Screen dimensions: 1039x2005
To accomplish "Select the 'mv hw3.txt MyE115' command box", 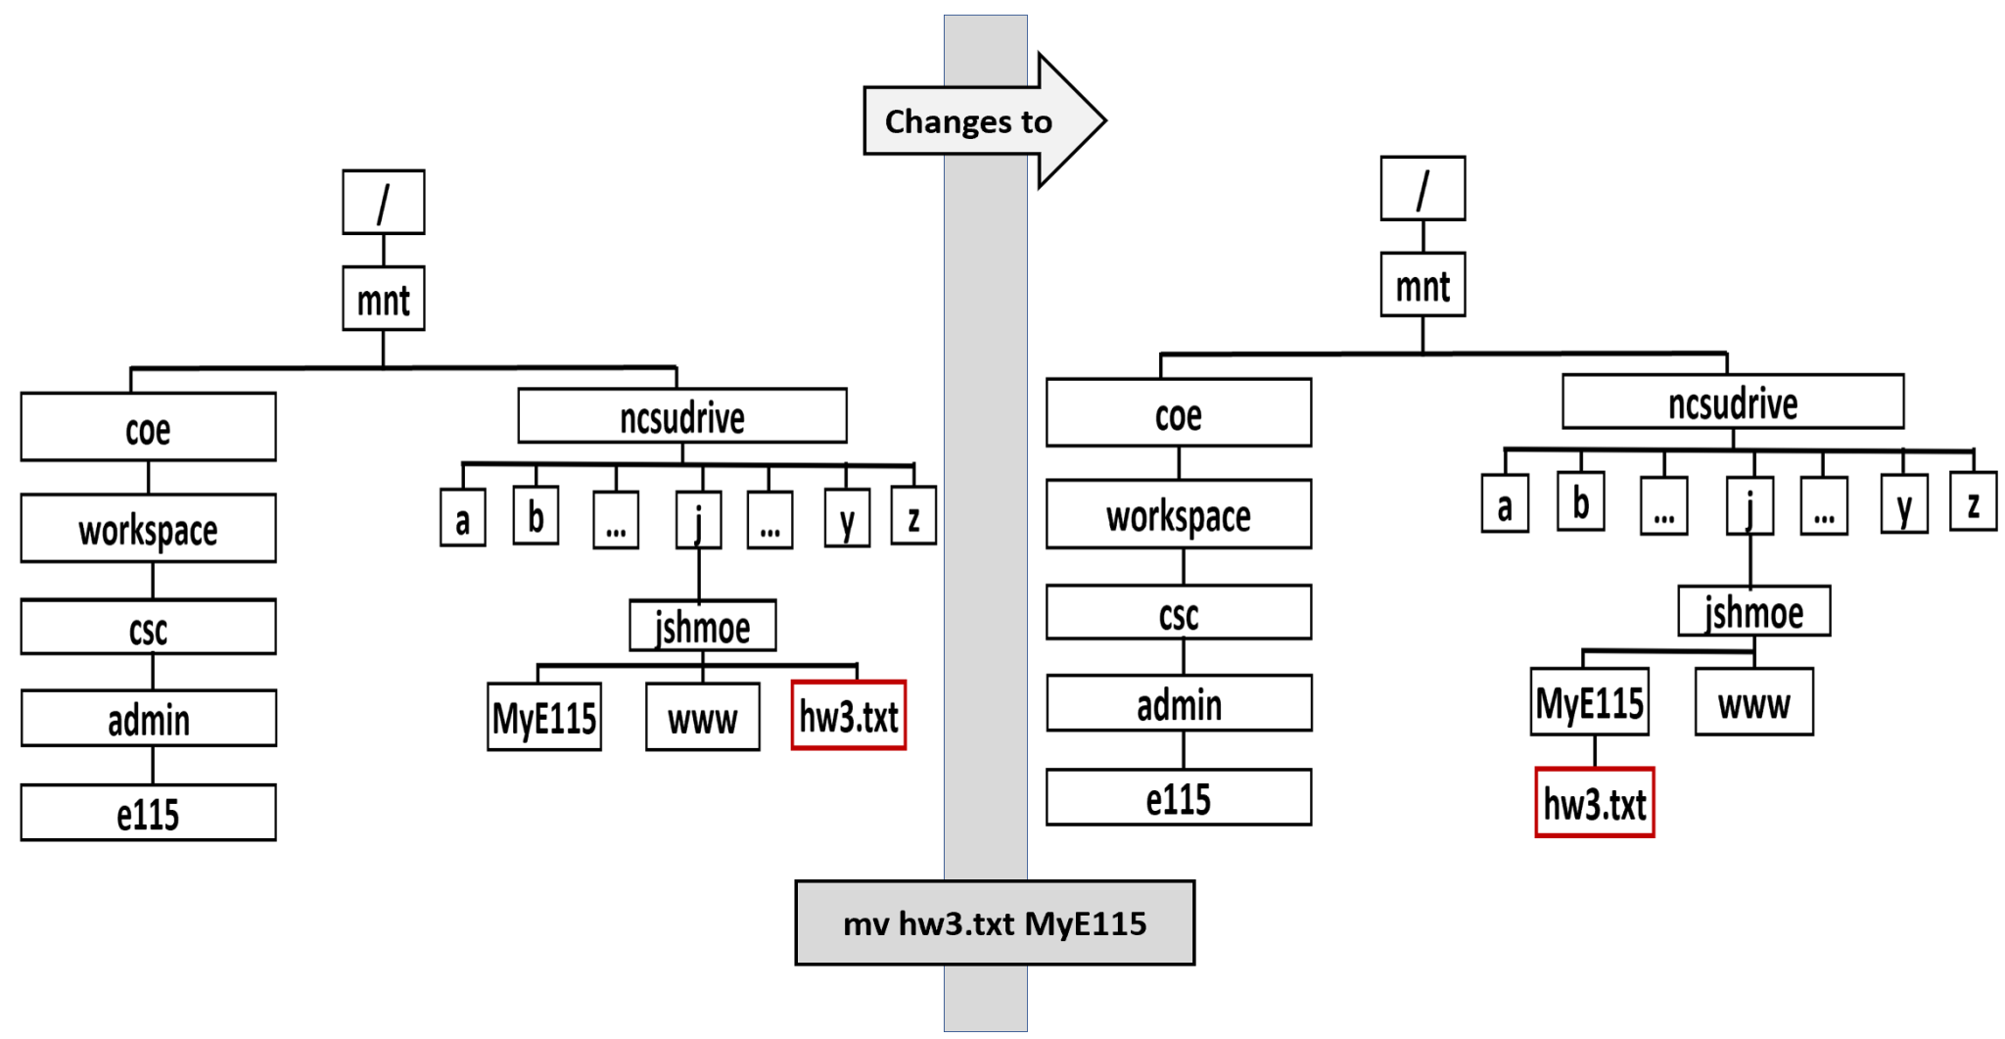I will (994, 922).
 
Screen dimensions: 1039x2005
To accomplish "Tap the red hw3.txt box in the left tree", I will (848, 716).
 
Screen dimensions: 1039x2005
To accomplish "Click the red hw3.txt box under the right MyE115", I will (1594, 802).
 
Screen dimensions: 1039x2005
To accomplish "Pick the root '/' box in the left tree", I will (383, 202).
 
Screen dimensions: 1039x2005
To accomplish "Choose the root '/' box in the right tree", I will (1422, 188).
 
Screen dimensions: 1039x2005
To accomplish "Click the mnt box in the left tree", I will (383, 298).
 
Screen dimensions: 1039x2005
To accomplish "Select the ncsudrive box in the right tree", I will (1732, 401).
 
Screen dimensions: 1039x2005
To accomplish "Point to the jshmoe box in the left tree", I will (702, 626).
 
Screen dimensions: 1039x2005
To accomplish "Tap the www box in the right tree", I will (1753, 701).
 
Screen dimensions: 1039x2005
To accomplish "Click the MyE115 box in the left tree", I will (543, 717).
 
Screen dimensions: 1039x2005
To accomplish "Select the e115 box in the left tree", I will (148, 812).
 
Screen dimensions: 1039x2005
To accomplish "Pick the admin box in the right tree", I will (1178, 703).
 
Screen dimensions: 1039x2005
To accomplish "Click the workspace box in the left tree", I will (148, 529).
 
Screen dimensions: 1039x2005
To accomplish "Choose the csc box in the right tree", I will (1178, 612).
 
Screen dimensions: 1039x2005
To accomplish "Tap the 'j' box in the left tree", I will (698, 520).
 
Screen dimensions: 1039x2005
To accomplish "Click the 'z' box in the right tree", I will (1972, 502).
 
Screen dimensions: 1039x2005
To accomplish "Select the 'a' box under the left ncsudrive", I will (462, 518).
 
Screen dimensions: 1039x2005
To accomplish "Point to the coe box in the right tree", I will (1178, 413).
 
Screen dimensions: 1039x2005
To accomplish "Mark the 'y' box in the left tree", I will (847, 518).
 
